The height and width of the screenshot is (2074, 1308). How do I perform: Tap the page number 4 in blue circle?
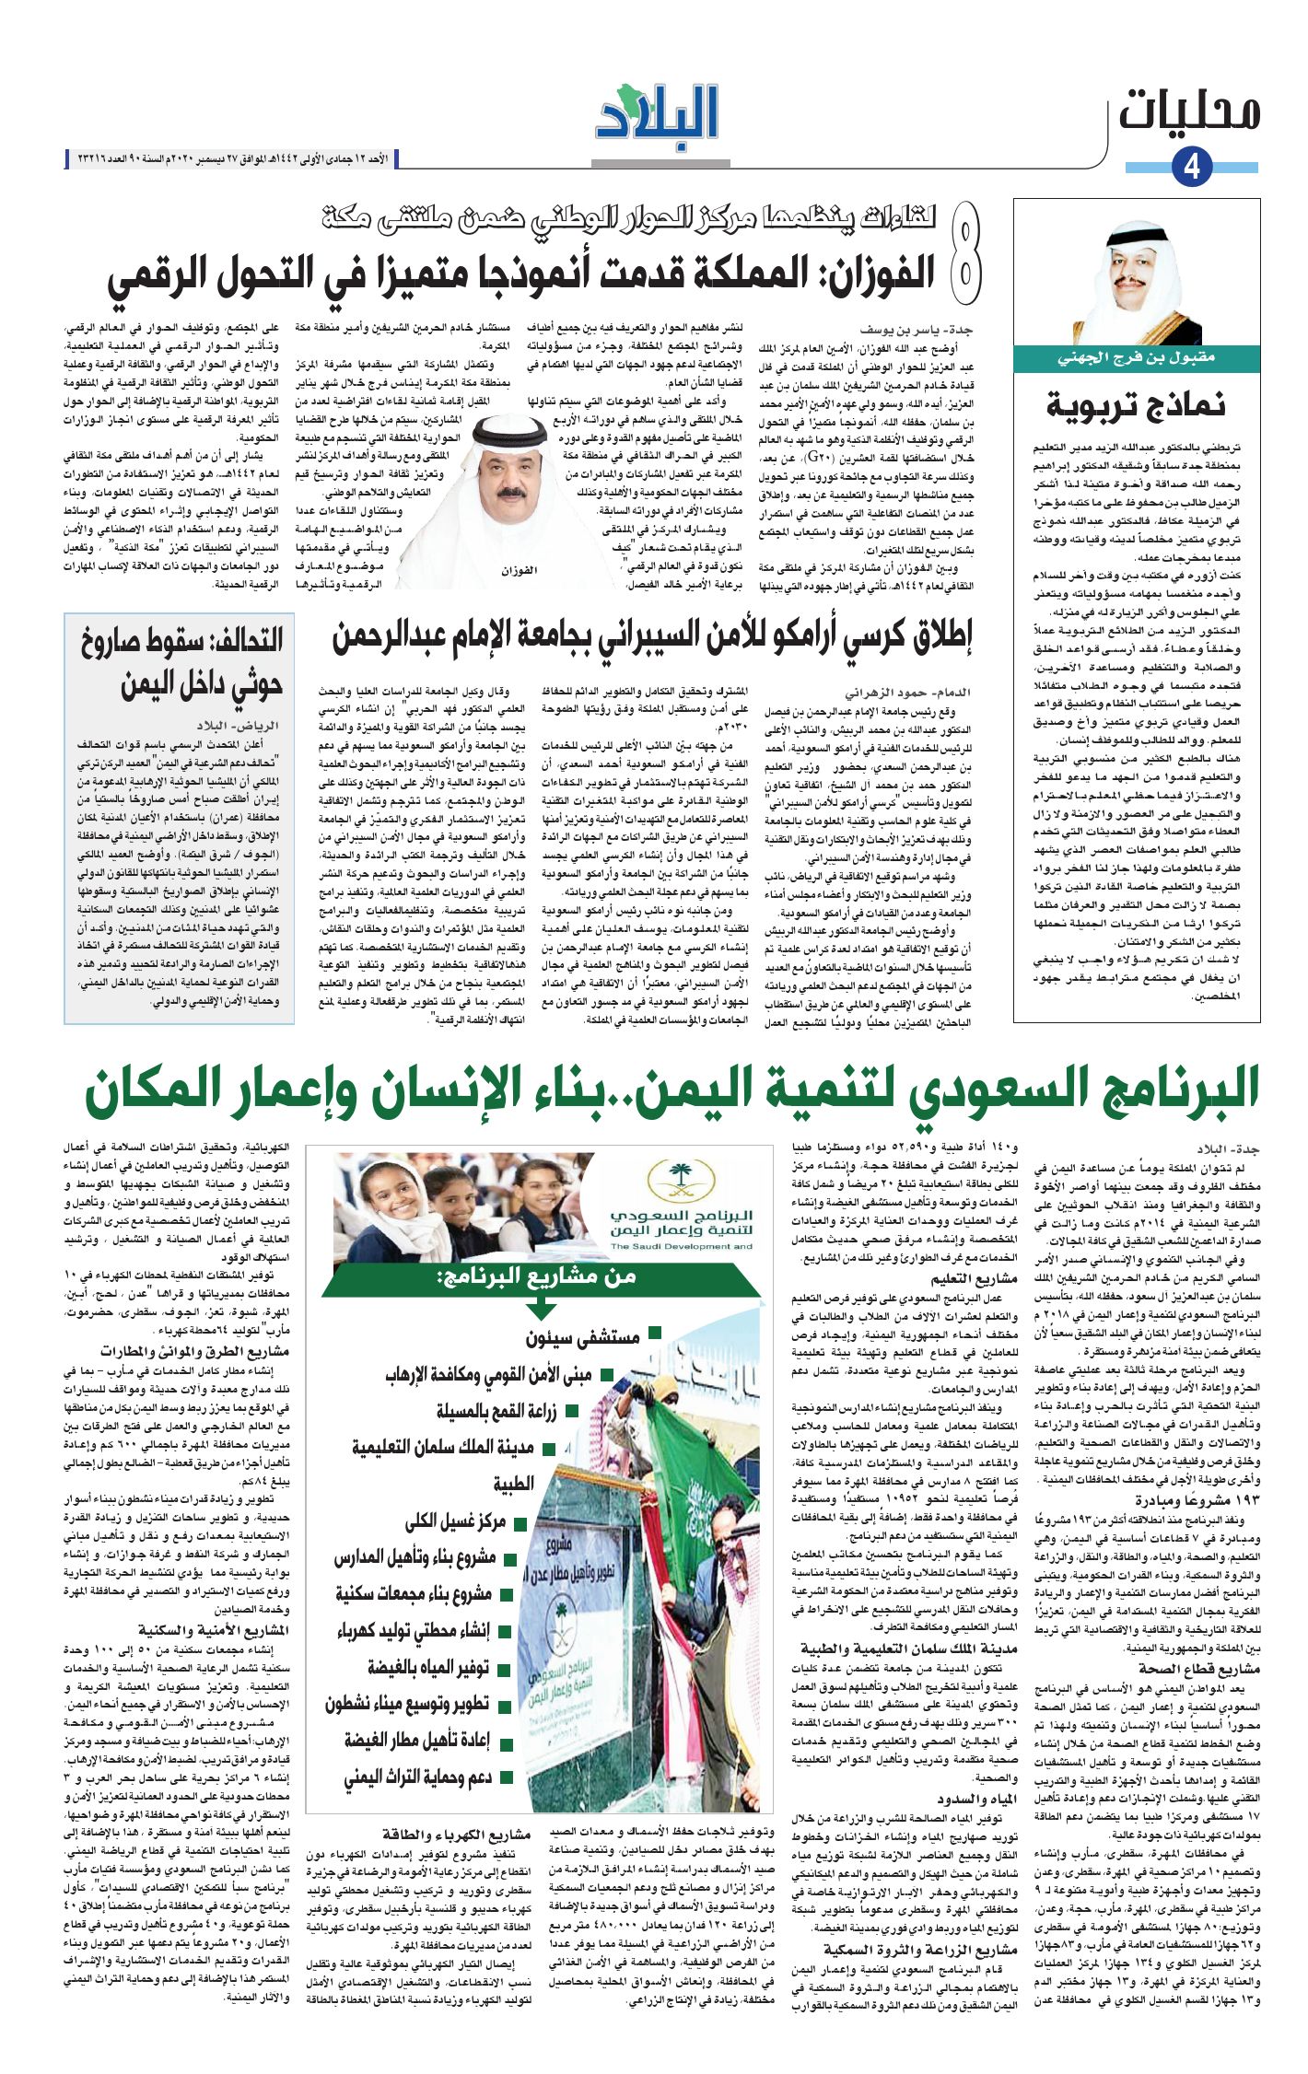point(1191,168)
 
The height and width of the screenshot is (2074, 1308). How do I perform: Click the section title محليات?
point(1188,113)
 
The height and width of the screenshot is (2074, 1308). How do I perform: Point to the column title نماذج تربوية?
point(1135,404)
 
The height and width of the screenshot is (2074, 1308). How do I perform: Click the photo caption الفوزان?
point(519,571)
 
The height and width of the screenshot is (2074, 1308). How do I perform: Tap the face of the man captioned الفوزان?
point(504,479)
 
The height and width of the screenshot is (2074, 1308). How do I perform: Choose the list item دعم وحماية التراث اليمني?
point(417,1777)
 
